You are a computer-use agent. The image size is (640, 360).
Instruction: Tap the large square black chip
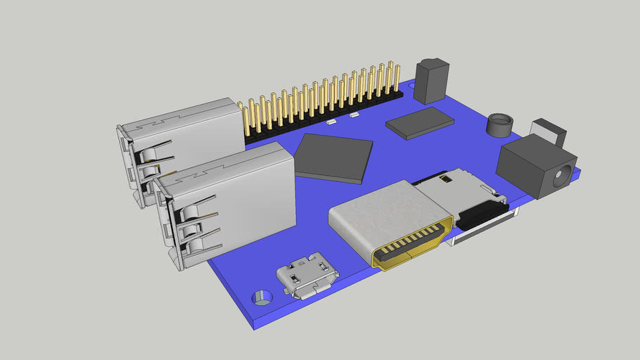point(334,157)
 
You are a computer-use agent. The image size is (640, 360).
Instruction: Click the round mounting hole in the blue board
point(262,296)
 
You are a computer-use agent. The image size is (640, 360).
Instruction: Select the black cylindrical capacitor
point(500,125)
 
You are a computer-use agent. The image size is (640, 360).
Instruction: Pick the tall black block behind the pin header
point(431,81)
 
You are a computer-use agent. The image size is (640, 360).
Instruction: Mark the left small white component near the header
point(331,122)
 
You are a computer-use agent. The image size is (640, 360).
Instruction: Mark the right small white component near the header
point(354,114)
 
